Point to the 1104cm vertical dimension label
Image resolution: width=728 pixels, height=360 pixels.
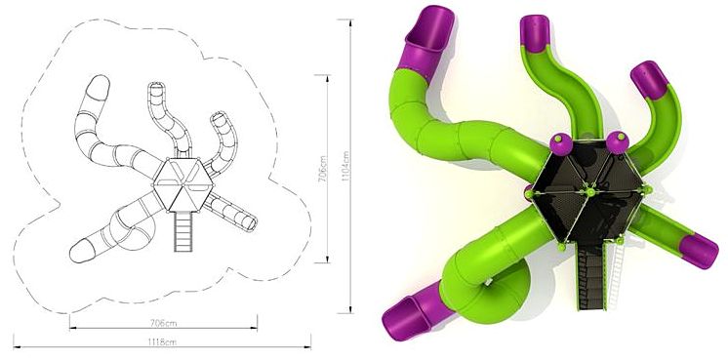coord(345,166)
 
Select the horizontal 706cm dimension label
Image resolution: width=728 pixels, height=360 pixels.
coord(163,323)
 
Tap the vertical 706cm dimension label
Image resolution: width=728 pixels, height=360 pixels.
coord(323,169)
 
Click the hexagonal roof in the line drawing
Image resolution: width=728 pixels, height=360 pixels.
coord(182,184)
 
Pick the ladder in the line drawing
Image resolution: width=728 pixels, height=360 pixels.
coord(183,231)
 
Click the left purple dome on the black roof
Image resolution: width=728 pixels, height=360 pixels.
coord(561,143)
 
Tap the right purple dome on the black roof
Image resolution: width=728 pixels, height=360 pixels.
coord(618,142)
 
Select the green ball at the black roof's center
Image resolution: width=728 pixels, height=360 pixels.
coord(590,192)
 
